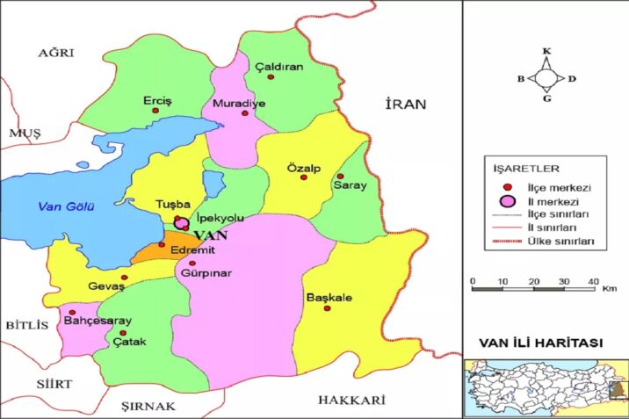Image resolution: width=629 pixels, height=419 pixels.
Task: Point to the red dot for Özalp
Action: [x=304, y=177]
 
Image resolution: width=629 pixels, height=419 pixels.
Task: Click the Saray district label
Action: [x=349, y=186]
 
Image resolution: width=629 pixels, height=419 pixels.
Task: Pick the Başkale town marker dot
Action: [x=327, y=308]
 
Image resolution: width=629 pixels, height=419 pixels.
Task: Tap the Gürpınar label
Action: [x=205, y=274]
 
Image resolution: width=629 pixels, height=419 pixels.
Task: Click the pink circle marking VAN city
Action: [x=182, y=225]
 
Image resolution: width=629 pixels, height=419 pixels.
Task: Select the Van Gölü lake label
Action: [x=65, y=206]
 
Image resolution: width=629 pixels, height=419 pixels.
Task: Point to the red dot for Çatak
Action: [x=123, y=332]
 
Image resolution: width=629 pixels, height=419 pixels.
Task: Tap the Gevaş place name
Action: [x=106, y=286]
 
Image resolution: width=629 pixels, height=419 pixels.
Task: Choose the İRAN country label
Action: [x=405, y=104]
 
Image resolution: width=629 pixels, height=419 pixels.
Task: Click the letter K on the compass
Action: [x=546, y=51]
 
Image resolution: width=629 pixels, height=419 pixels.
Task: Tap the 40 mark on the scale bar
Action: [x=594, y=280]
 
